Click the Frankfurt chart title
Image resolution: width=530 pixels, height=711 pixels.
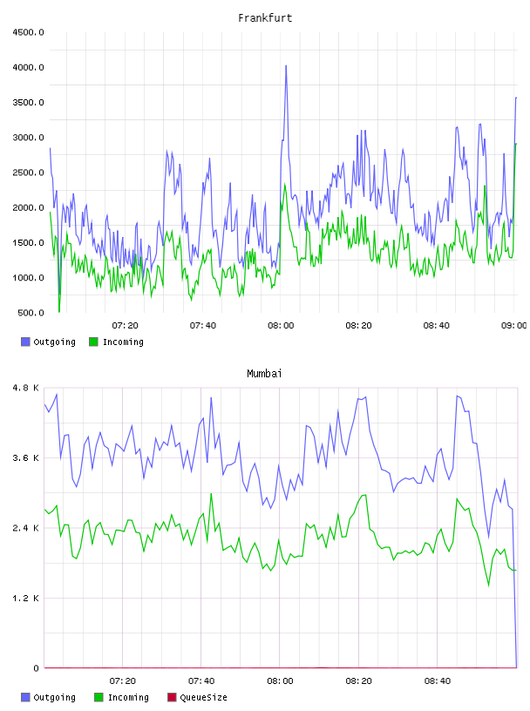[265, 18]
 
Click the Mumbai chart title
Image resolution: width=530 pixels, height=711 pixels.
[264, 374]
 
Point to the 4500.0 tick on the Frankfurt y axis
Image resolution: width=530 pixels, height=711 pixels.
[28, 32]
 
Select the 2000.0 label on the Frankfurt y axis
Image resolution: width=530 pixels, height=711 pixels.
[28, 207]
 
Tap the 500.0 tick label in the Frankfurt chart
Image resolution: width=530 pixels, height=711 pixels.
[31, 313]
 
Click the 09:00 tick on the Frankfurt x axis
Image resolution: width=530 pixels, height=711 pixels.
[513, 326]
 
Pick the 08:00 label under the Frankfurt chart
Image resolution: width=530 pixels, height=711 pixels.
[281, 326]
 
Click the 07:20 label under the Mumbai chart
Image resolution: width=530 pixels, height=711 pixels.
[123, 681]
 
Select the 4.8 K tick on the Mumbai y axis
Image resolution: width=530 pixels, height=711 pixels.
[26, 388]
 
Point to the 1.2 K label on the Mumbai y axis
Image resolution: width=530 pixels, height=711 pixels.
[26, 599]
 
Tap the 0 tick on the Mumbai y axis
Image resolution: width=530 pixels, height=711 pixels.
[37, 668]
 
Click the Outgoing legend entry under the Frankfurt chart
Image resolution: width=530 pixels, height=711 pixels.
[49, 342]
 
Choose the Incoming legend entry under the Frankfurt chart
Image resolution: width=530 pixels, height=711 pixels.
[117, 342]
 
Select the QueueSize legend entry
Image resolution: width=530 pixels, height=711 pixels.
[197, 697]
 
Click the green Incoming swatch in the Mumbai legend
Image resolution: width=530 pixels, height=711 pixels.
[99, 697]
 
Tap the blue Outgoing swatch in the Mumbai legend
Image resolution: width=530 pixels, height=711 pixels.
[25, 697]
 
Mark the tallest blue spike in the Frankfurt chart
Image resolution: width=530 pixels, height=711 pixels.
[286, 65]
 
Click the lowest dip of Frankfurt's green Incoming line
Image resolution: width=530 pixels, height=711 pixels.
[59, 312]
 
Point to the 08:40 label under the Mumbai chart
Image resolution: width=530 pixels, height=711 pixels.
[438, 681]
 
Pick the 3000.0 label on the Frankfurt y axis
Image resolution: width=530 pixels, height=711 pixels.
[28, 138]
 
